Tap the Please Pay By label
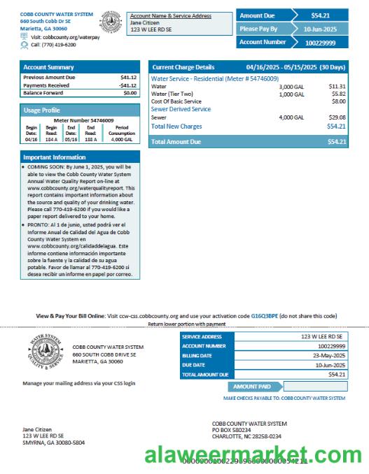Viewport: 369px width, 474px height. click(x=258, y=29)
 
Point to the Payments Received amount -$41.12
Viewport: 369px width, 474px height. click(x=128, y=85)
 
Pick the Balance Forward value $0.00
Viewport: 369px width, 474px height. click(x=130, y=92)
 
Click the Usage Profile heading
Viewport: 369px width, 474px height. click(x=42, y=110)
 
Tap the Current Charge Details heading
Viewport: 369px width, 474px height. click(x=183, y=67)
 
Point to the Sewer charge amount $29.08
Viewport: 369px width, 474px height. click(x=336, y=117)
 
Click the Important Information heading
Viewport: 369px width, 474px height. click(x=55, y=157)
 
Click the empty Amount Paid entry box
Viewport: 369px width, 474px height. click(x=314, y=386)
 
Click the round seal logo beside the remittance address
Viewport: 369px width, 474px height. click(x=46, y=352)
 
